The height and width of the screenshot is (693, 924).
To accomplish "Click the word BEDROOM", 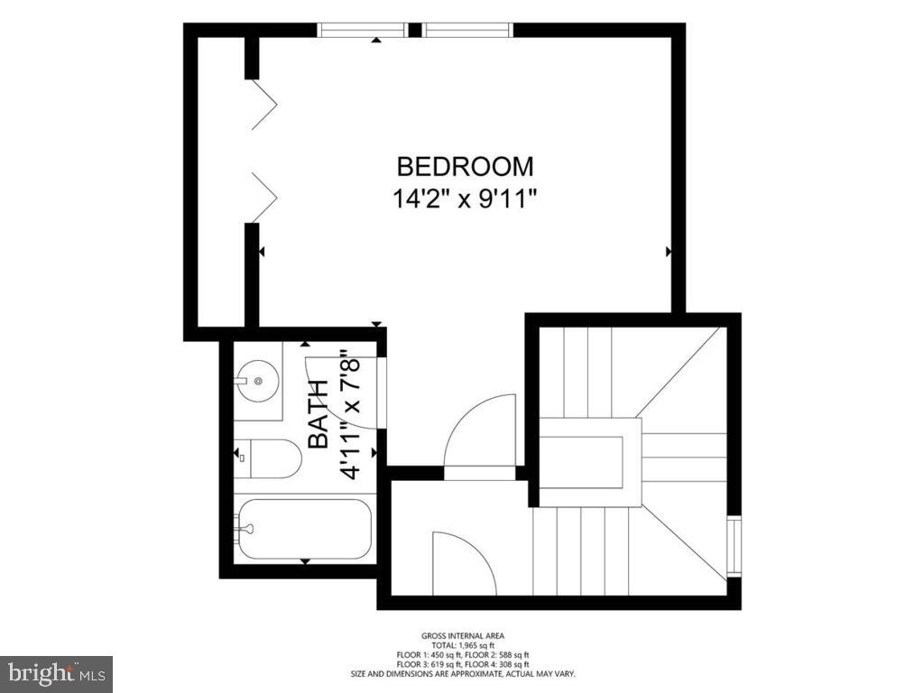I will (465, 167).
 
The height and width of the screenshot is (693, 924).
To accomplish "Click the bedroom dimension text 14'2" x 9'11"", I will (465, 199).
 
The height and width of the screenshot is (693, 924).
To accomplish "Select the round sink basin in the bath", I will (258, 381).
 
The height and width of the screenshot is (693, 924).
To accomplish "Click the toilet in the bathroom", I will (268, 458).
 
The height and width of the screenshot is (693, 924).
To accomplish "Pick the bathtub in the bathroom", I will (304, 530).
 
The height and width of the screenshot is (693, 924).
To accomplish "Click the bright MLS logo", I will (56, 673).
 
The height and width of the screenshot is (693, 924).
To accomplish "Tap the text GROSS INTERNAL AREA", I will (461, 636).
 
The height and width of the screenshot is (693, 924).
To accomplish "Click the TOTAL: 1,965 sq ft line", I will (461, 646).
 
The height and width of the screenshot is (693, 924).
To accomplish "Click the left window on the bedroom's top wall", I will (363, 30).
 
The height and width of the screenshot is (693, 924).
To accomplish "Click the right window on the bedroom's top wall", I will (468, 30).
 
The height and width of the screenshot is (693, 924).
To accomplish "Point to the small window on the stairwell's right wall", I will (734, 546).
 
